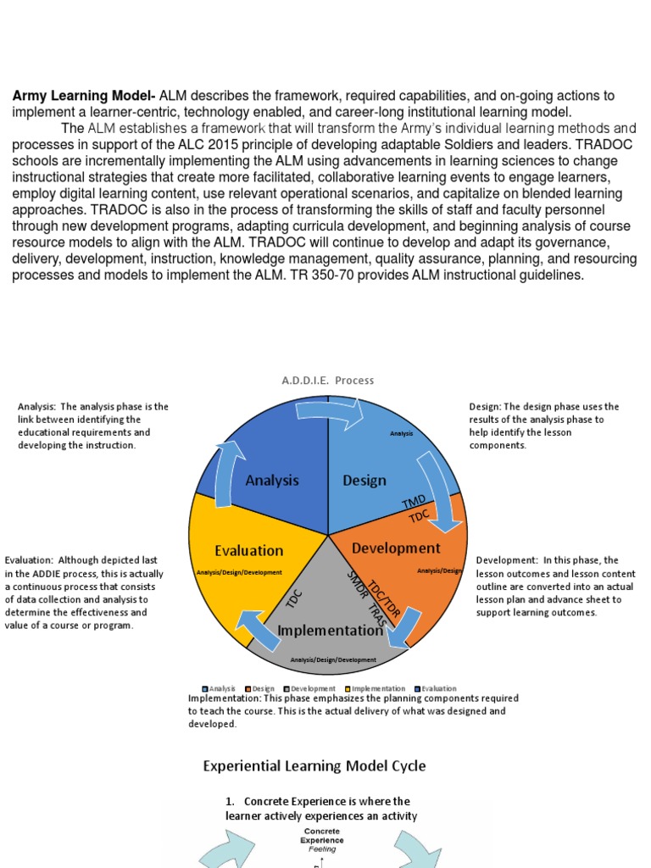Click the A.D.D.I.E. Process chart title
[327, 381]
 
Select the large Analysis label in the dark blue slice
[272, 481]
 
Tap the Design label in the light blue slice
[364, 481]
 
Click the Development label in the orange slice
[396, 548]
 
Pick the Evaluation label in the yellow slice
[248, 550]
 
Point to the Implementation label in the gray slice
[330, 630]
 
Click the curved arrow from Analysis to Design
[330, 411]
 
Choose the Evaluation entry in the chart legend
[435, 688]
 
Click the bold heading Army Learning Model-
[84, 96]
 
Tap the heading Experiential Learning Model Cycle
[314, 766]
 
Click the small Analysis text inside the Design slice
[401, 433]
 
